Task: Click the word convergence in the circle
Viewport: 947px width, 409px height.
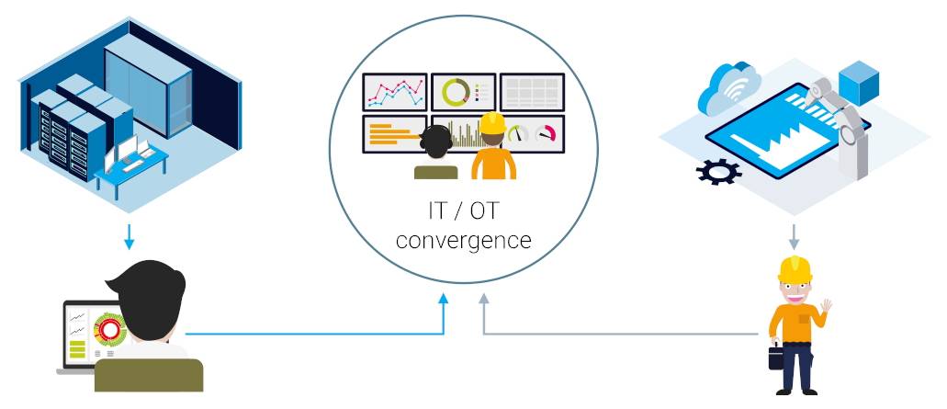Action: point(464,241)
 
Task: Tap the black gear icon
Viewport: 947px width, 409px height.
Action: point(718,172)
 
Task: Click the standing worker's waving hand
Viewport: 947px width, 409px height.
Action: point(826,306)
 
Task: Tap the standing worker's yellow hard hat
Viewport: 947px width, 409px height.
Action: point(795,268)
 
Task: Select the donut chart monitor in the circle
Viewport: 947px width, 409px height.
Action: point(464,93)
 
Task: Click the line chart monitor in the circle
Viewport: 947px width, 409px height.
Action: point(395,93)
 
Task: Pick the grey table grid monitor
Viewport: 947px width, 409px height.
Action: point(532,93)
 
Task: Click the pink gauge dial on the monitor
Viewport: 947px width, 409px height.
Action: point(546,133)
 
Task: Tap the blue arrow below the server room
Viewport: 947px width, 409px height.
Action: point(129,237)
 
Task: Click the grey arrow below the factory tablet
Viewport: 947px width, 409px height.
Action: point(794,237)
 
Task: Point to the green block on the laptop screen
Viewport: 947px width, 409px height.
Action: point(77,350)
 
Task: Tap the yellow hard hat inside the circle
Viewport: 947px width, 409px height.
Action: point(492,123)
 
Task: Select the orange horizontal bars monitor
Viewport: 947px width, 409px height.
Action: point(394,134)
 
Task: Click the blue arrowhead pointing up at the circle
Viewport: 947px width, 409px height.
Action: point(444,299)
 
